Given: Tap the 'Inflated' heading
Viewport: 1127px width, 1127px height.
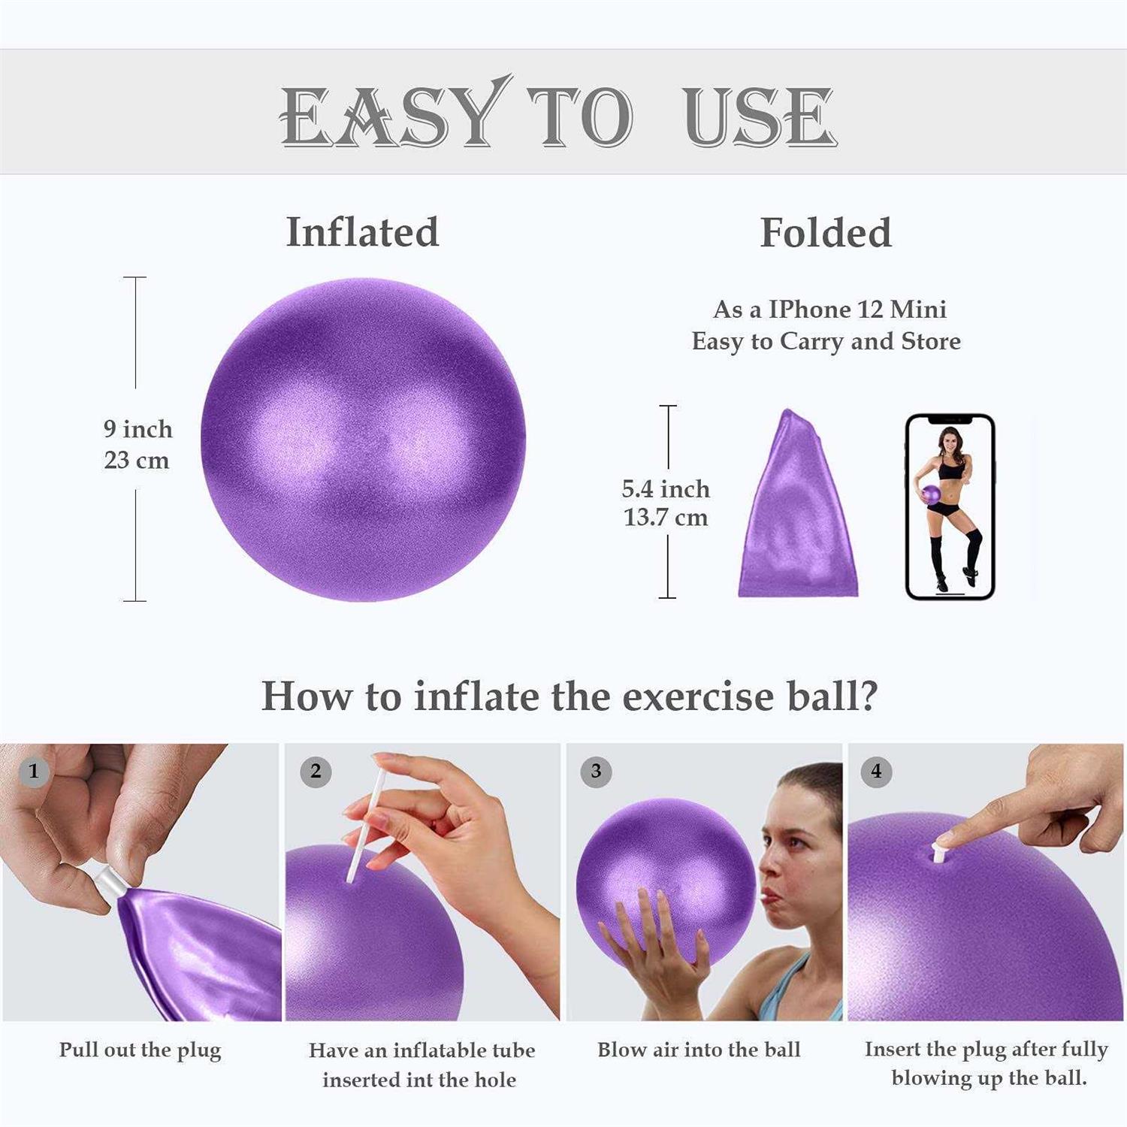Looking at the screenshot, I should click(x=362, y=231).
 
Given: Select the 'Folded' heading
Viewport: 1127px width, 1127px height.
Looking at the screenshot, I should click(x=825, y=232).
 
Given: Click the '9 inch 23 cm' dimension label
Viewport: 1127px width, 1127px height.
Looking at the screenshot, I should click(x=137, y=444).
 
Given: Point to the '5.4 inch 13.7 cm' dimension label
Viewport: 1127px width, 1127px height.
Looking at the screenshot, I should click(x=666, y=503).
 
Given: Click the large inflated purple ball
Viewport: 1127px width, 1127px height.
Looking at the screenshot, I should click(x=363, y=440).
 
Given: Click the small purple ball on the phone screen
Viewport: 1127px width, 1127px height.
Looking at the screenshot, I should click(x=931, y=495).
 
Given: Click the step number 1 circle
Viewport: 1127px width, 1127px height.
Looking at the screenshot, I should click(x=33, y=771).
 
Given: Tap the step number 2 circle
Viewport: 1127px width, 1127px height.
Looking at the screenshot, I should click(x=316, y=771).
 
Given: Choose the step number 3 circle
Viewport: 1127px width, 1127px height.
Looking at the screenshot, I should click(x=596, y=771).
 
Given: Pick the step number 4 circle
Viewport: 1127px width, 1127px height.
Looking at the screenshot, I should click(x=876, y=771).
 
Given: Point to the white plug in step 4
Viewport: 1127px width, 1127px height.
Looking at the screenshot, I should click(x=939, y=851).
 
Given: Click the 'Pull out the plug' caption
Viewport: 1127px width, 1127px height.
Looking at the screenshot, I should click(x=140, y=1050).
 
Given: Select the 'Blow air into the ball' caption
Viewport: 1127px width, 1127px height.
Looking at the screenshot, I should click(x=699, y=1050).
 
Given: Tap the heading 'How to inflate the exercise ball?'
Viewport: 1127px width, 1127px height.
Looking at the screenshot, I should click(x=569, y=696).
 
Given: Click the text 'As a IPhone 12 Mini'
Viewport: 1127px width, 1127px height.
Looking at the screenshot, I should click(x=829, y=310).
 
